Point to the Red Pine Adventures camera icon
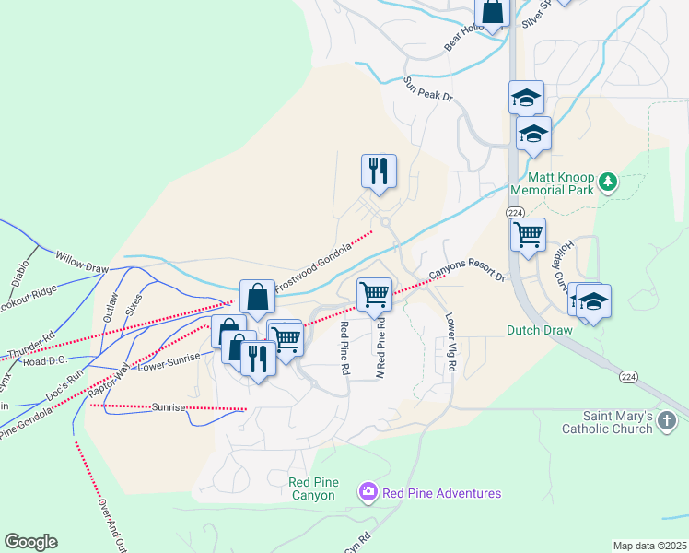[368, 493]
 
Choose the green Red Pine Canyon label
[313, 489]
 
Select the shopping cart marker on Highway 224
[528, 234]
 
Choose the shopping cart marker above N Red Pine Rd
[375, 295]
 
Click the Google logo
[30, 542]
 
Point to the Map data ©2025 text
[649, 546]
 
